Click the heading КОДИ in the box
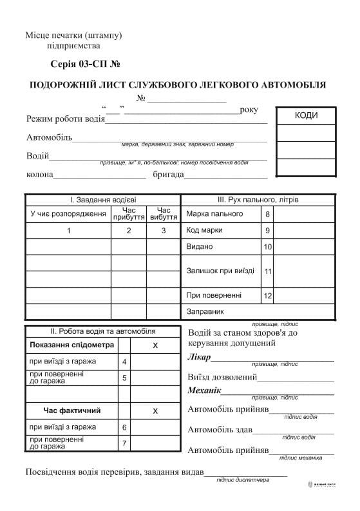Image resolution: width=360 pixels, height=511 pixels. click(x=306, y=115)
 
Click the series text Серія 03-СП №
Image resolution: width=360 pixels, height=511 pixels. click(x=85, y=64)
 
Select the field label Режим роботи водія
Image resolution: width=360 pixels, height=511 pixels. click(x=65, y=119)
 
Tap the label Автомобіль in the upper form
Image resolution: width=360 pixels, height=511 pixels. click(x=50, y=137)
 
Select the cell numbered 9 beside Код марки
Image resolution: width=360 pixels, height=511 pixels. click(x=267, y=230)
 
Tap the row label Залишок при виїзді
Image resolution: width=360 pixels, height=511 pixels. click(x=220, y=271)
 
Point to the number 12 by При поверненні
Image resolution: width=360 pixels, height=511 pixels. click(x=268, y=296)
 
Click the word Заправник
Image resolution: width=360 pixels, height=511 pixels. click(x=205, y=312)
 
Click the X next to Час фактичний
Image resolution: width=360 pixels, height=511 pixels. click(x=155, y=410)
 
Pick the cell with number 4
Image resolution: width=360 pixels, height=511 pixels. click(x=124, y=362)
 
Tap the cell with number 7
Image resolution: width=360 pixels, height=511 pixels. click(x=124, y=443)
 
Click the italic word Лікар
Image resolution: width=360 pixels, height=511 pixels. click(x=199, y=358)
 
